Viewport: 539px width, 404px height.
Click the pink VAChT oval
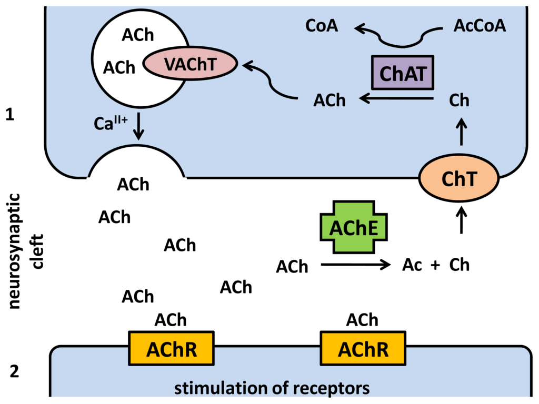click(189, 64)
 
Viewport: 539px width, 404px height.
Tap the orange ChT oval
click(459, 179)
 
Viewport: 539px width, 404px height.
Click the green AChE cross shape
click(354, 228)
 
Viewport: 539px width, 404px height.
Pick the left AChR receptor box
click(172, 348)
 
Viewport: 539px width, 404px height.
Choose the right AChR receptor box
click(363, 348)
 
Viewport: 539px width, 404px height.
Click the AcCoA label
click(480, 26)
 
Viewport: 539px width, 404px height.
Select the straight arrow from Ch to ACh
click(396, 98)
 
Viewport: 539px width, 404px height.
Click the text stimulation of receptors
click(272, 389)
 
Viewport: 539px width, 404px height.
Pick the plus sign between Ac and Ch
click(435, 265)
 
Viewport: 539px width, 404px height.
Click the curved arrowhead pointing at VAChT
click(248, 65)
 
